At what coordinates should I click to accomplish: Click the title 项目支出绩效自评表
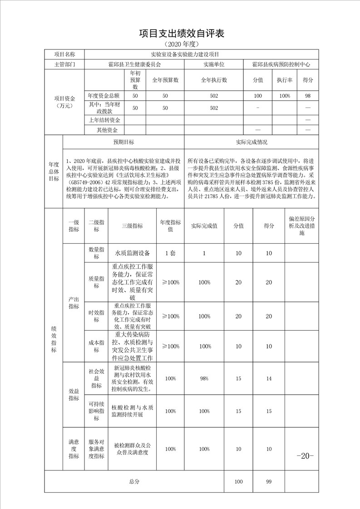point(181,33)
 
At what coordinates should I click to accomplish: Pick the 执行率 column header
point(285,80)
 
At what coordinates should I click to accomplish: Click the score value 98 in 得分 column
point(308,96)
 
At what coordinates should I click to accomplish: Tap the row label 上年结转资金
point(104,120)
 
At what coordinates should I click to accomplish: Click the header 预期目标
point(123,142)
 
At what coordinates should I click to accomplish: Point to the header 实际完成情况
point(252,142)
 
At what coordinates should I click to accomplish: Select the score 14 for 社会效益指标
point(269,378)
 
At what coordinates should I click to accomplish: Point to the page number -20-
point(305,456)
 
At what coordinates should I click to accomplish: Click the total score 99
point(269,481)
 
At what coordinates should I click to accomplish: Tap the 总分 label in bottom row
point(134,481)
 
